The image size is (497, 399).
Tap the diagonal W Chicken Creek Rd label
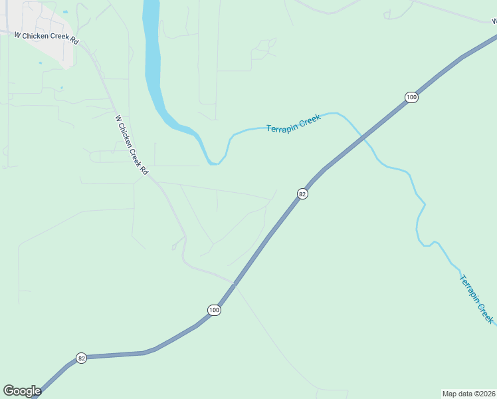coord(132,145)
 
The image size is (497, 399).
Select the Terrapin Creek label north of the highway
coord(294,124)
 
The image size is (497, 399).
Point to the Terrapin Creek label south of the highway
coord(477,299)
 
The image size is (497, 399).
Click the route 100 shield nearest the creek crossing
coord(411,97)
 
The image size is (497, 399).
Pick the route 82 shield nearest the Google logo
coord(81,358)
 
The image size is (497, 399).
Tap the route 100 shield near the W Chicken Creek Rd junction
coord(213,310)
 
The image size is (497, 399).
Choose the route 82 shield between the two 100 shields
coord(302,194)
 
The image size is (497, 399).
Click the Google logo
coord(22,391)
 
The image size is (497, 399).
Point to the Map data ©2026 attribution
coord(469,393)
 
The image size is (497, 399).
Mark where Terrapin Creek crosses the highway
coord(363,137)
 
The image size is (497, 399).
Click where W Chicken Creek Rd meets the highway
coord(234,283)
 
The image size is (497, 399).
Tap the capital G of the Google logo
coord(8,391)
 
